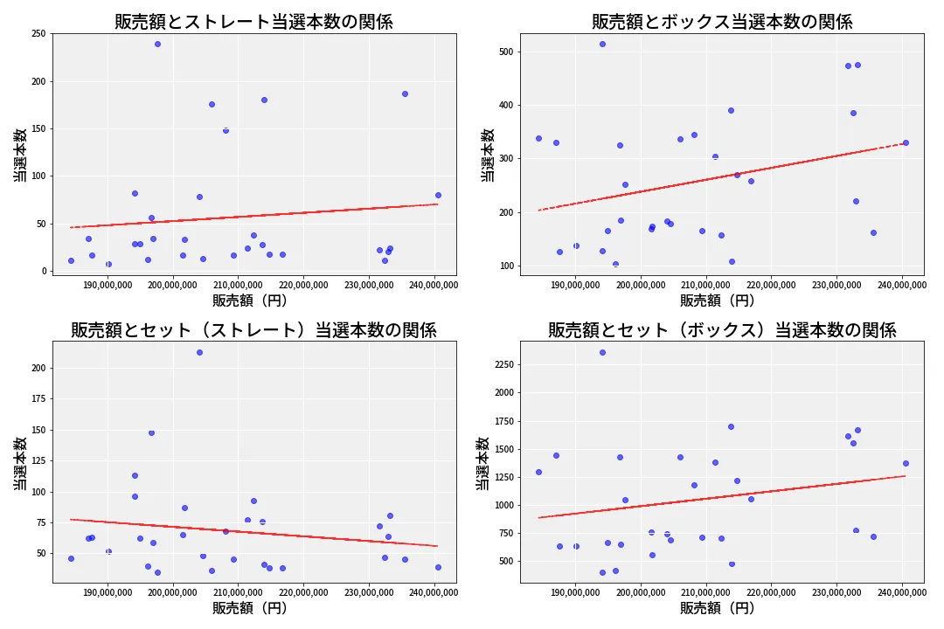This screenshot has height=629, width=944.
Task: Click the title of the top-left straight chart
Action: click(x=253, y=22)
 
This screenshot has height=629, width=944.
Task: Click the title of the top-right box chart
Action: click(x=722, y=22)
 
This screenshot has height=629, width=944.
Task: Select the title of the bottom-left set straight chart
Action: click(x=253, y=330)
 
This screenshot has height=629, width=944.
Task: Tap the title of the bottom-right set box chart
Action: click(x=722, y=330)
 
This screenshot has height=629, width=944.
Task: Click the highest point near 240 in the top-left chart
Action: click(x=157, y=44)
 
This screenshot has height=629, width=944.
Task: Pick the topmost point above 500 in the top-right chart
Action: click(x=602, y=44)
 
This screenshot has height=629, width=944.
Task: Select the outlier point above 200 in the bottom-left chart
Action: click(x=199, y=352)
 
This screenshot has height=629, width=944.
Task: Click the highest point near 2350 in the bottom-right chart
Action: click(x=602, y=352)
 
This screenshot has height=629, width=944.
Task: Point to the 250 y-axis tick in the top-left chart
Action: click(x=38, y=34)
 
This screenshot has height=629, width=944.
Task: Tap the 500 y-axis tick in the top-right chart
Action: click(x=506, y=52)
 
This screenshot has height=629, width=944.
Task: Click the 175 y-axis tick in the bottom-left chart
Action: click(x=38, y=399)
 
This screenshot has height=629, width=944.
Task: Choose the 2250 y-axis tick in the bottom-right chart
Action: click(x=501, y=364)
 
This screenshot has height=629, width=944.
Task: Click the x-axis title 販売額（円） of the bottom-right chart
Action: click(x=717, y=608)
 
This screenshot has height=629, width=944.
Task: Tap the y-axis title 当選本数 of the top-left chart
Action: click(x=19, y=155)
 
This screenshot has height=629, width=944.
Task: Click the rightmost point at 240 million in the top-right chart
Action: click(x=906, y=142)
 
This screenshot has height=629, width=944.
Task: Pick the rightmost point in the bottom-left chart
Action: click(x=438, y=567)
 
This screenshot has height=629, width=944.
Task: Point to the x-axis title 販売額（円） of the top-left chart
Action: click(x=249, y=300)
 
